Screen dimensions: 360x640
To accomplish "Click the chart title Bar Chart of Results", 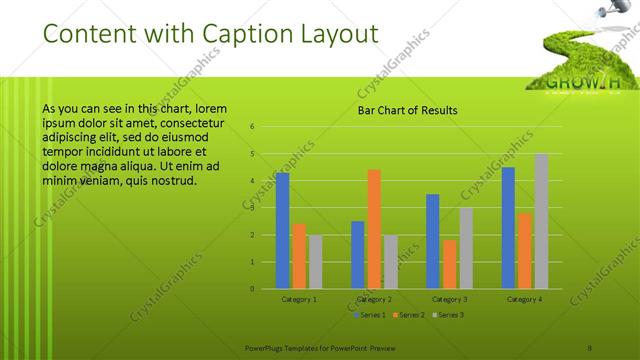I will (407, 110).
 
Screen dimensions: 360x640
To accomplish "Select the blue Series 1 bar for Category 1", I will (282, 230).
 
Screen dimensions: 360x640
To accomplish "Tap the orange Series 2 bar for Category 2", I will (374, 229).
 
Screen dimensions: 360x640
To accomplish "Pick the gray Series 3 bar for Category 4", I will (541, 221).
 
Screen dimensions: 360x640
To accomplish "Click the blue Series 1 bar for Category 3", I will (432, 241).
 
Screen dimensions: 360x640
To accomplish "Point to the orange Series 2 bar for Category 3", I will (449, 264).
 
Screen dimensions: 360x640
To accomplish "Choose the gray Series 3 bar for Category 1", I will (315, 261).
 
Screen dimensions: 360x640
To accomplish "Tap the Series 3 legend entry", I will (450, 315).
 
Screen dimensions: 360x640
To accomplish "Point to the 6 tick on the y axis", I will (252, 127).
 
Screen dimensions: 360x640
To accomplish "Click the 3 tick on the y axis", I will (252, 208).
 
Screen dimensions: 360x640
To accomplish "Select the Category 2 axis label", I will (374, 299).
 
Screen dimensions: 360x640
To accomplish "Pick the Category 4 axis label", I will (524, 299).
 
